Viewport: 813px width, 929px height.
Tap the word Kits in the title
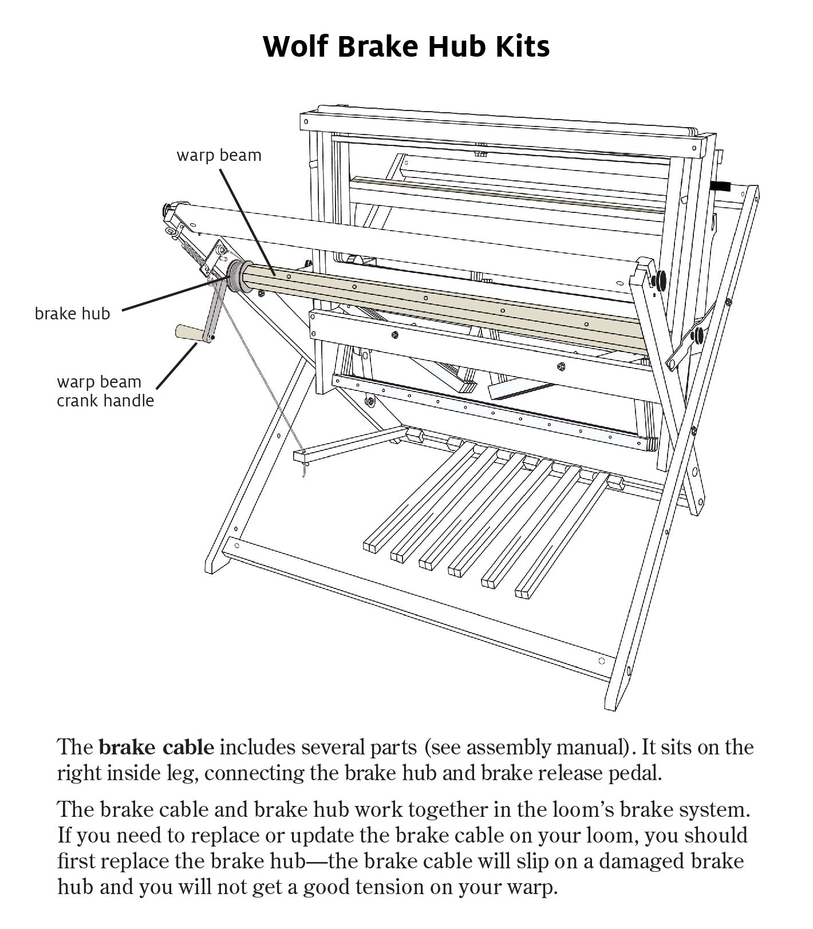coord(522,46)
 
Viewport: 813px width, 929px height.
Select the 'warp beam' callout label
coord(219,155)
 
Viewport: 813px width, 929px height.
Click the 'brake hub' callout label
coord(72,314)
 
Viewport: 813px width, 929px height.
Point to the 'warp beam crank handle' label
coord(105,391)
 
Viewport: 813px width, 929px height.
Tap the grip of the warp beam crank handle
coord(187,333)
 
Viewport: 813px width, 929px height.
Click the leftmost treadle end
coord(370,546)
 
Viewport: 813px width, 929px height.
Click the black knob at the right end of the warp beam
coord(659,280)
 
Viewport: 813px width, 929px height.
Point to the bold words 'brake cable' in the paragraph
coord(156,748)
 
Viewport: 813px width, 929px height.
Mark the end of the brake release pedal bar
coord(301,456)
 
